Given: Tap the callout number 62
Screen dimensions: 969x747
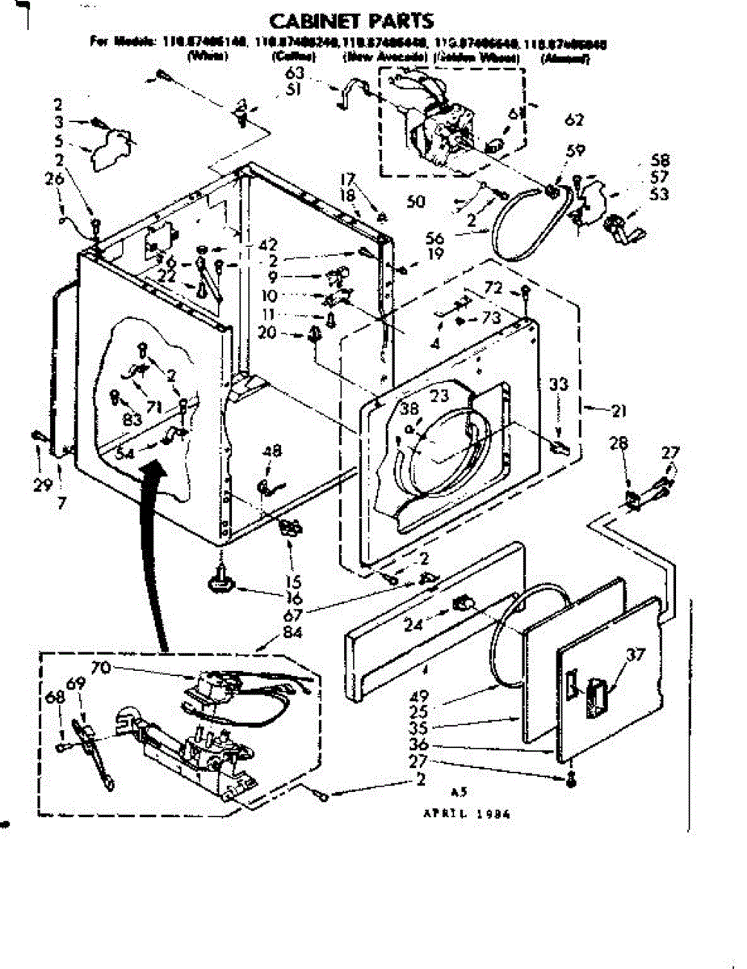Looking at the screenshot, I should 574,121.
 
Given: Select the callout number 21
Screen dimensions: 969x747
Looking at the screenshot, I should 619,412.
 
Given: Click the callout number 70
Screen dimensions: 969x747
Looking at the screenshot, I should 101,667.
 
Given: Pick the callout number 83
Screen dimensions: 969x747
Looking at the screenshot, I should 132,419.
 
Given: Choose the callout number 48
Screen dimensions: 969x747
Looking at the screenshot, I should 272,452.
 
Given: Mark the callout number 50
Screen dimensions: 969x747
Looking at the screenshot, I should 416,201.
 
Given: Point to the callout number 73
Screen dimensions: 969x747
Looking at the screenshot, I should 491,317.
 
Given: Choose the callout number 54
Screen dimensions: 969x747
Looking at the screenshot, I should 124,454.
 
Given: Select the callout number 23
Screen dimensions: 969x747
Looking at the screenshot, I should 439,396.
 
